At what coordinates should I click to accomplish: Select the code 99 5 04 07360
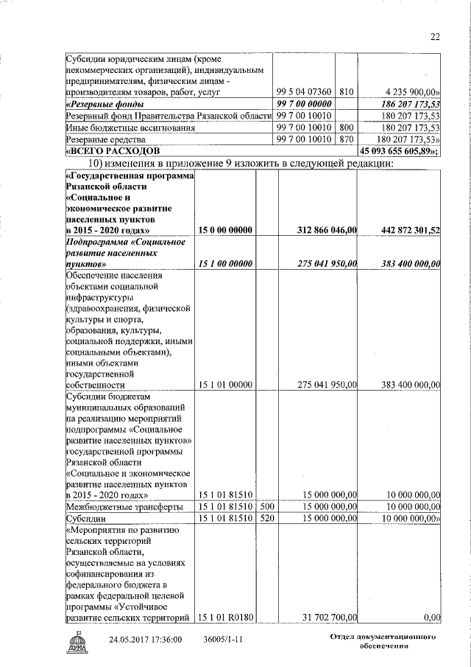point(304,92)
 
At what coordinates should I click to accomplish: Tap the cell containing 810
point(347,92)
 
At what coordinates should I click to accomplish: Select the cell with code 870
point(347,139)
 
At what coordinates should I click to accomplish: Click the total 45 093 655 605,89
point(398,151)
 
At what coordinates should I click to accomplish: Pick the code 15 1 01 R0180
point(225,617)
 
